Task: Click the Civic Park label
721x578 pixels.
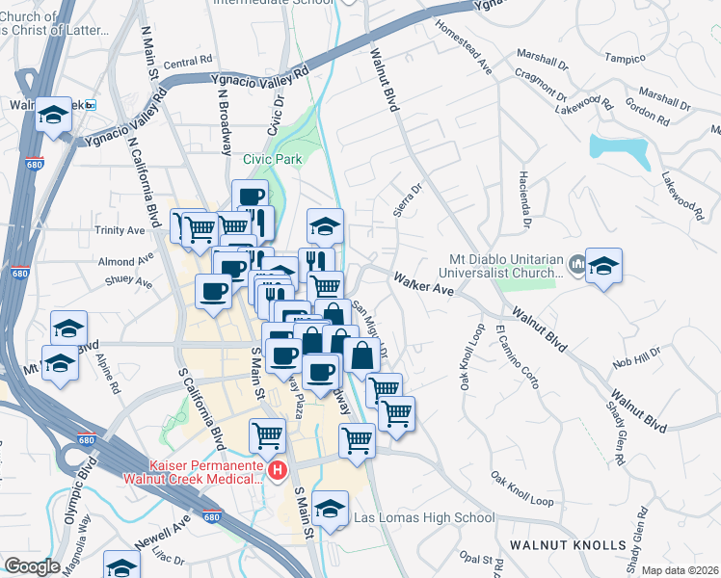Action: coord(273,159)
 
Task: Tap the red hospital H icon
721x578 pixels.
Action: coord(278,470)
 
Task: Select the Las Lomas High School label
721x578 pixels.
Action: coord(424,517)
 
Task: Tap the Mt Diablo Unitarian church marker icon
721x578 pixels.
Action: coord(576,263)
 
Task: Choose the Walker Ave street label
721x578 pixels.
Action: coord(422,283)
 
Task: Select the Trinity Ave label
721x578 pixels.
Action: coord(120,230)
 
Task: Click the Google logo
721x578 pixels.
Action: coord(32,566)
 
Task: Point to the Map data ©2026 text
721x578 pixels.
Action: coord(680,570)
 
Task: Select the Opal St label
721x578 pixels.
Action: coord(476,559)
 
